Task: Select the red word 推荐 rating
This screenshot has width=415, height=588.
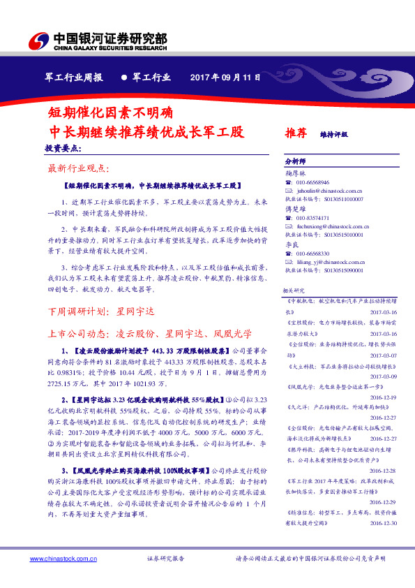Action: pyautogui.click(x=296, y=132)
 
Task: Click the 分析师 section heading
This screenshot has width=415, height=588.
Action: pyautogui.click(x=295, y=161)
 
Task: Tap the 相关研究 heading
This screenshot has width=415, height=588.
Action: pyautogui.click(x=293, y=289)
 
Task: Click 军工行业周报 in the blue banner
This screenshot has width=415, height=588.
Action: pyautogui.click(x=73, y=77)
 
